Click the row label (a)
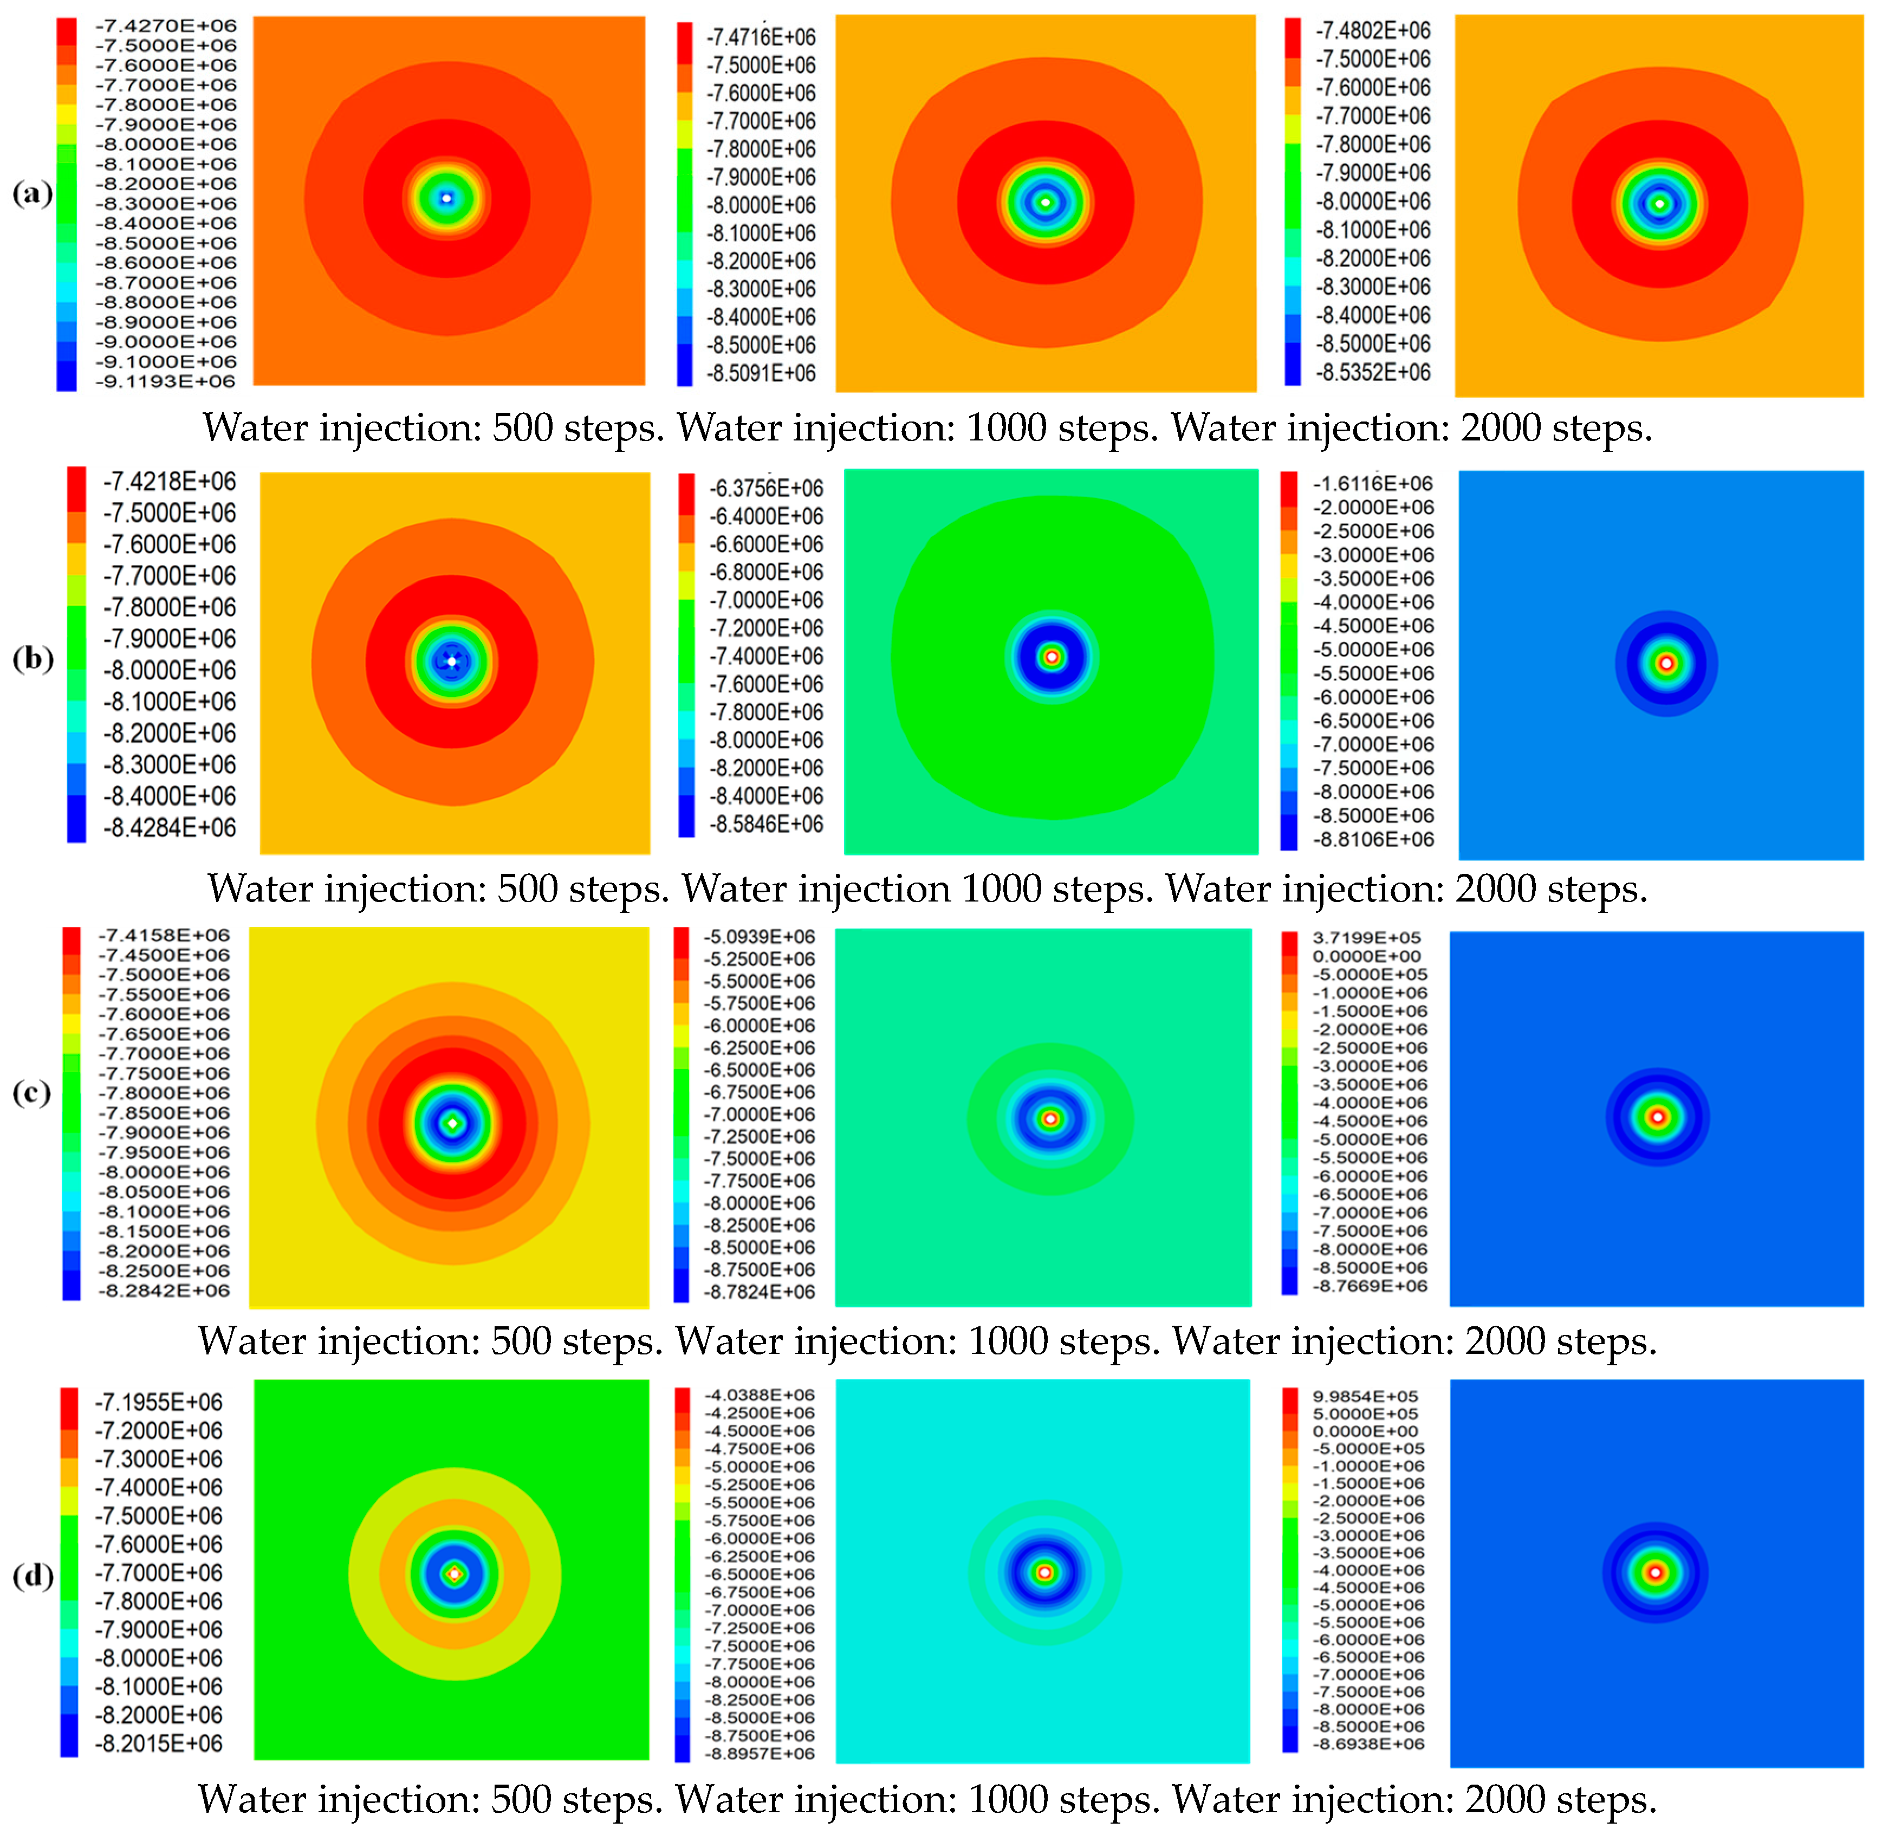pos(32,194)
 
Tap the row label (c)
pos(32,1093)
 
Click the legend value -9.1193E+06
pos(165,381)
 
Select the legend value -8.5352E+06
pos(1373,373)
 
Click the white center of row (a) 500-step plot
pos(446,198)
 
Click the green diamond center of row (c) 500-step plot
pos(453,1123)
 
